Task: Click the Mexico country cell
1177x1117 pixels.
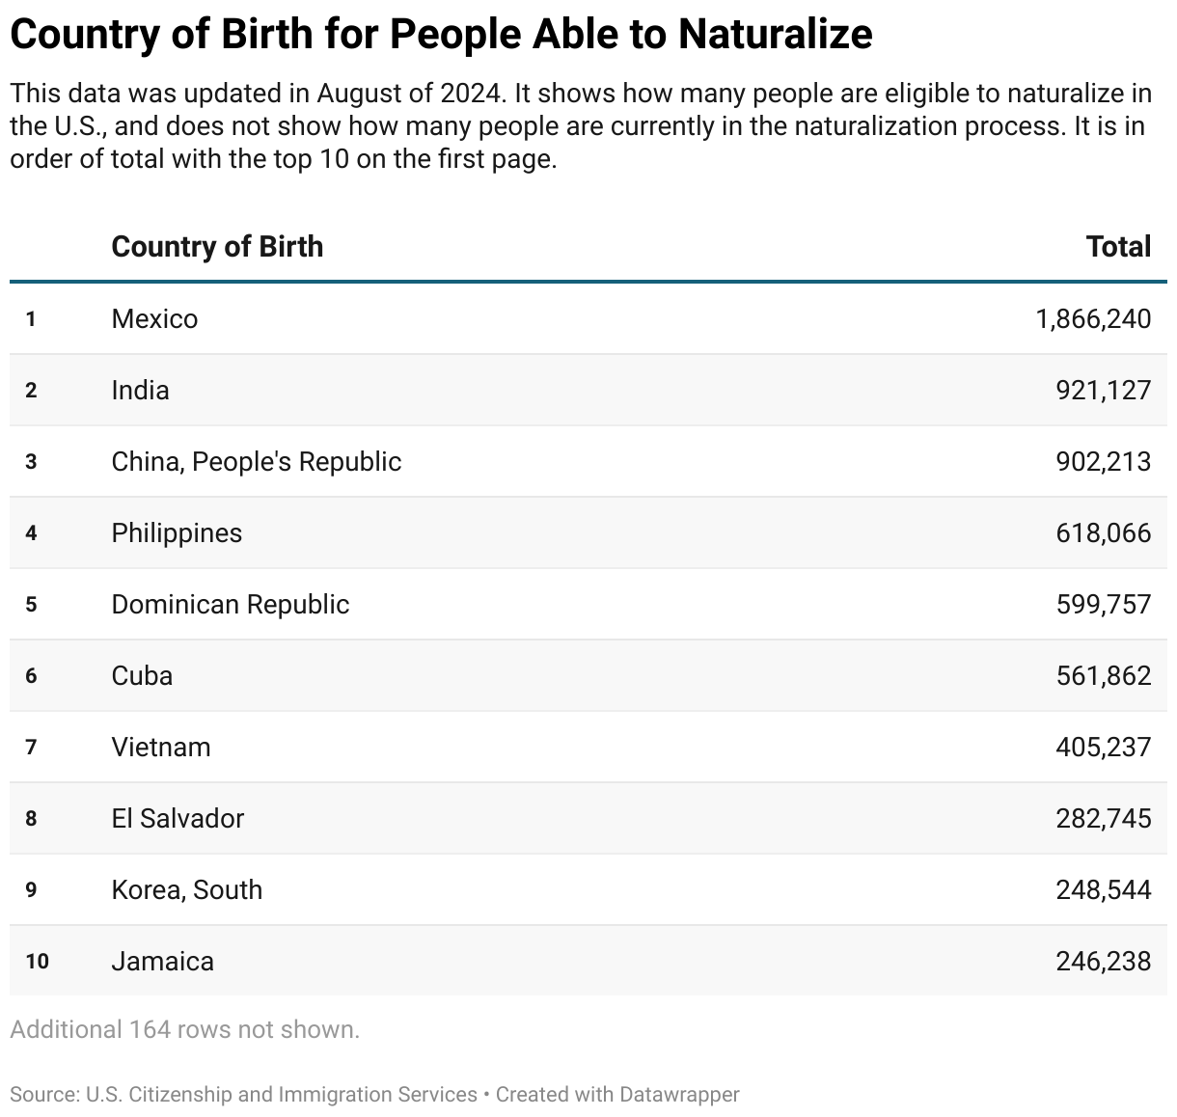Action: coord(154,319)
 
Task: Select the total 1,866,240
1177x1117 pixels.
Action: coord(1093,319)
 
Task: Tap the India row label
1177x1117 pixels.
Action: coord(140,391)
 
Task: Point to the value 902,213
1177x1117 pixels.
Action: coord(1103,462)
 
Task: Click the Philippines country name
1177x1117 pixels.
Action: coord(177,533)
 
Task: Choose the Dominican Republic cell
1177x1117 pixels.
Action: coord(230,605)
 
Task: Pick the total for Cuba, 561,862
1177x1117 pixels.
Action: coord(1103,676)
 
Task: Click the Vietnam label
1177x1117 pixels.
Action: coord(160,748)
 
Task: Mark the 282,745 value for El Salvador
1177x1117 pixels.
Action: coord(1103,819)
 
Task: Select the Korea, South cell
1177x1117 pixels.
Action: coord(186,890)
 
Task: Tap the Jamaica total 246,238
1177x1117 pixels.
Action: coord(1103,962)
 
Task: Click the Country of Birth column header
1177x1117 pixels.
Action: coord(217,247)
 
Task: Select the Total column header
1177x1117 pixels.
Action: coord(1118,247)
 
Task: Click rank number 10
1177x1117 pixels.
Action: coord(37,962)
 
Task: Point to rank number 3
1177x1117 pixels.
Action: coord(31,462)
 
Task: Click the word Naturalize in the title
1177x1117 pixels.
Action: coord(775,35)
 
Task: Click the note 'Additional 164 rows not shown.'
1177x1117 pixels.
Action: coord(184,1030)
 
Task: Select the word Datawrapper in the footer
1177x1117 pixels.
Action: coord(679,1095)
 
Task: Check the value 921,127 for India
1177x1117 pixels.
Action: coord(1103,391)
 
